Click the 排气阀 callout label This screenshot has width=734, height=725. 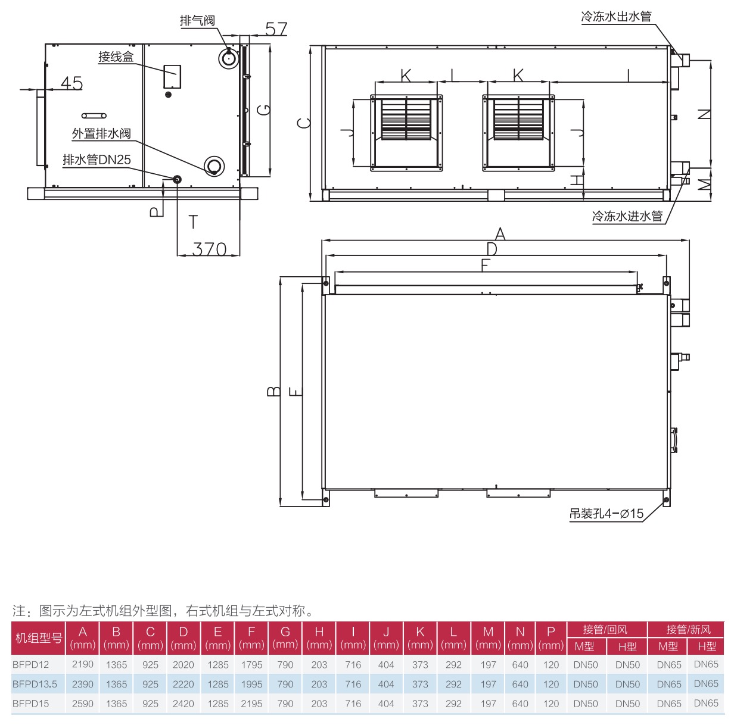pyautogui.click(x=197, y=20)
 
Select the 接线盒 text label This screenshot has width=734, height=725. pyautogui.click(x=116, y=57)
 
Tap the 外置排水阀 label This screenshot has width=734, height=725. pyautogui.click(x=101, y=133)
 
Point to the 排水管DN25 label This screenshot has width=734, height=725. pyautogui.click(x=97, y=160)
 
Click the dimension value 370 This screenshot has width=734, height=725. pyautogui.click(x=210, y=249)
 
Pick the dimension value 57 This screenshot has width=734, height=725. pyautogui.click(x=276, y=29)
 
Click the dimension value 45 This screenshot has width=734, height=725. pyautogui.click(x=71, y=83)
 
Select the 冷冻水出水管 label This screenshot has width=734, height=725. pyautogui.click(x=616, y=17)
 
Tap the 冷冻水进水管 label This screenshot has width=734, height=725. pyautogui.click(x=627, y=216)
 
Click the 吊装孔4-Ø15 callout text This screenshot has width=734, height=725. pyautogui.click(x=607, y=514)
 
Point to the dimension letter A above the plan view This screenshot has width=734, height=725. pyautogui.click(x=500, y=234)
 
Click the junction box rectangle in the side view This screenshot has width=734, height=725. pyautogui.click(x=172, y=77)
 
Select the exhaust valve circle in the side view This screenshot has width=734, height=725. pyautogui.click(x=228, y=58)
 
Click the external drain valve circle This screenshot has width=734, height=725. pyautogui.click(x=214, y=166)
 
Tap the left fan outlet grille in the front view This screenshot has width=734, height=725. pyautogui.click(x=406, y=120)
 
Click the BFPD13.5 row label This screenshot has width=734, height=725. pyautogui.click(x=35, y=684)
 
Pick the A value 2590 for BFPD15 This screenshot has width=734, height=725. pyautogui.click(x=83, y=704)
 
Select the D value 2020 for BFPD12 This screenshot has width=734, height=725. pyautogui.click(x=183, y=664)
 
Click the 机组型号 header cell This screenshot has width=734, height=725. pyautogui.click(x=39, y=638)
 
